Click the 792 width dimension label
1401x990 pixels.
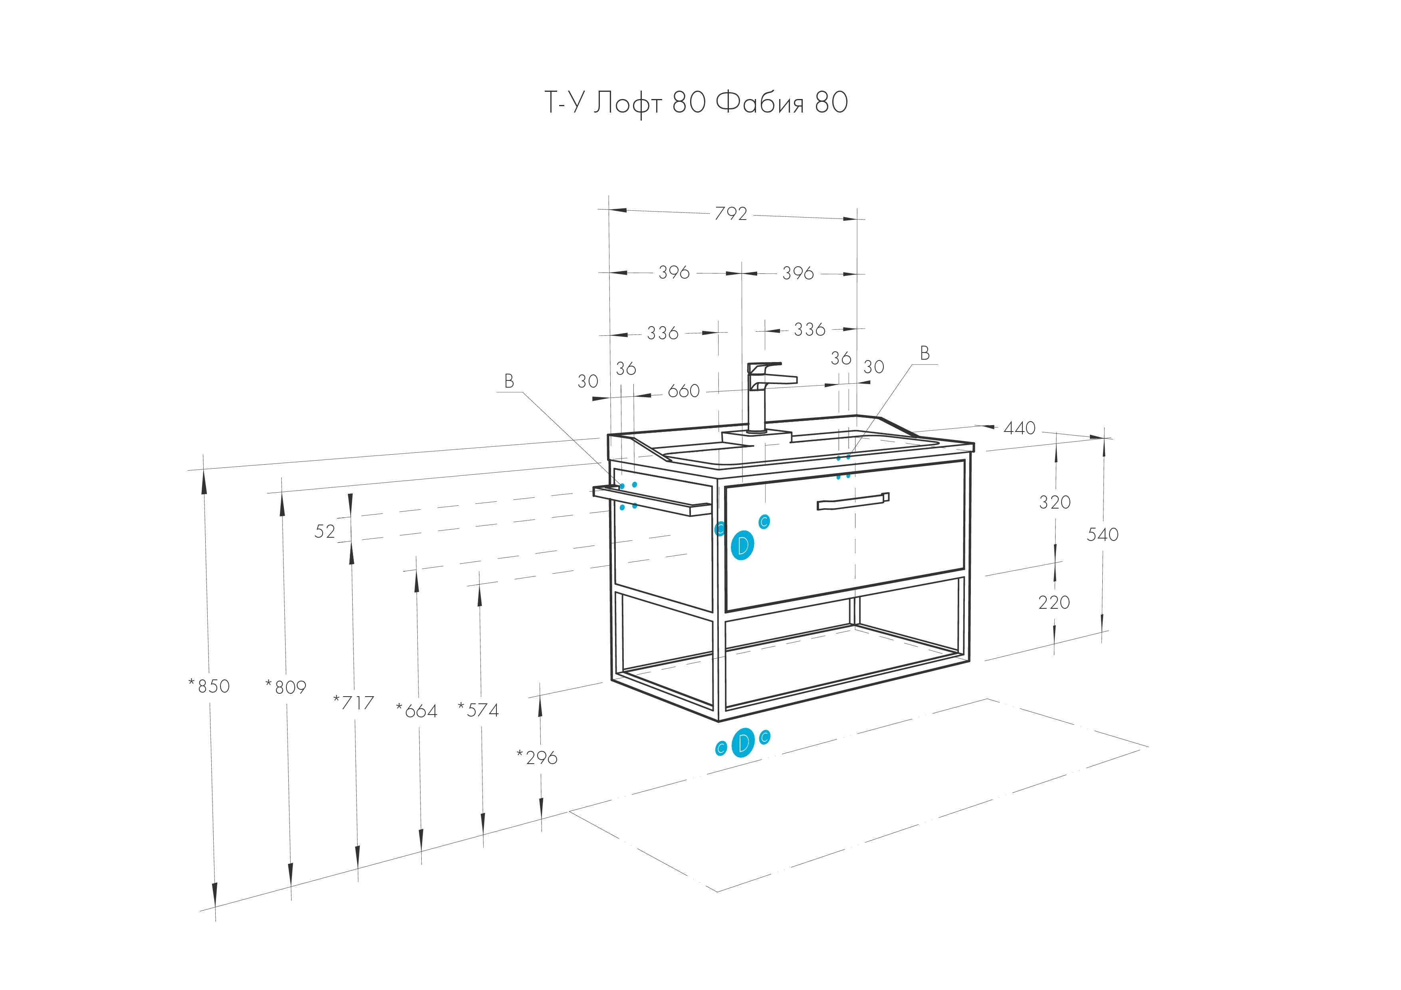730,214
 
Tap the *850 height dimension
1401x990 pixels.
209,686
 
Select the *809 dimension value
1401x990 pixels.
286,687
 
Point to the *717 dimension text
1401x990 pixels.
353,703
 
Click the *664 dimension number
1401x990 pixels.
417,711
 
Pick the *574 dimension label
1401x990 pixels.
478,710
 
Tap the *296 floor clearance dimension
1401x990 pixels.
537,758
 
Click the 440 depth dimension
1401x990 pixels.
1020,428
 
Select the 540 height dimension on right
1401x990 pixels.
1103,535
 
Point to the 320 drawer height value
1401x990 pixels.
1055,503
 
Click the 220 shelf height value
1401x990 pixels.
1054,603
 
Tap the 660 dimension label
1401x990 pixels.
683,391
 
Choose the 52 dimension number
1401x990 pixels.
325,532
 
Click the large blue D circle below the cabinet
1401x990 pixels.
742,743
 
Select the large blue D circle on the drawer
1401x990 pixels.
742,545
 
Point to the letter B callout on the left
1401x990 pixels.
509,381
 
